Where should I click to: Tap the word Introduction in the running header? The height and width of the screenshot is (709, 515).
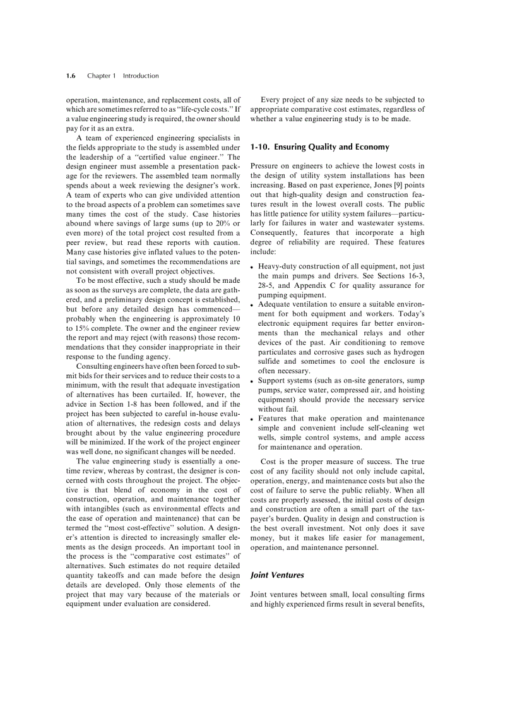[141, 76]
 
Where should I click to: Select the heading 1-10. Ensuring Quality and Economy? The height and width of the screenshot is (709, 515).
[319, 147]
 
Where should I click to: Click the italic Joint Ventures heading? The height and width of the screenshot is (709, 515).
[277, 575]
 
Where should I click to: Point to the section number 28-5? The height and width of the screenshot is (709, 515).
[267, 285]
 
